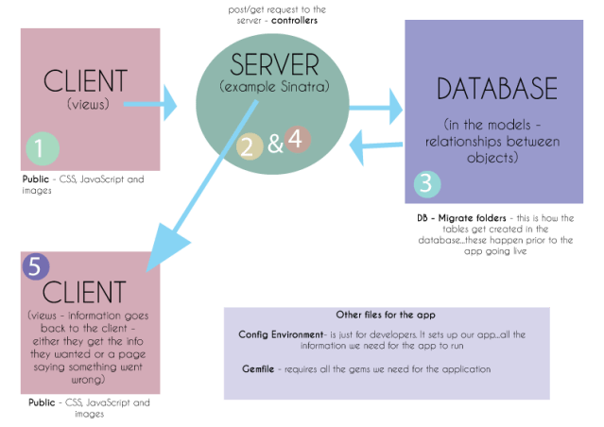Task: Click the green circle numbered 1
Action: (x=40, y=148)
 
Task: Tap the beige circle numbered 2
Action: (x=249, y=145)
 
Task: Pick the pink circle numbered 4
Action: (x=296, y=140)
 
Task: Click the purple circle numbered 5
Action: (x=35, y=267)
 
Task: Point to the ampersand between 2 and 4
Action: (x=274, y=145)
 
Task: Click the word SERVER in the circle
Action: (x=275, y=65)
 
